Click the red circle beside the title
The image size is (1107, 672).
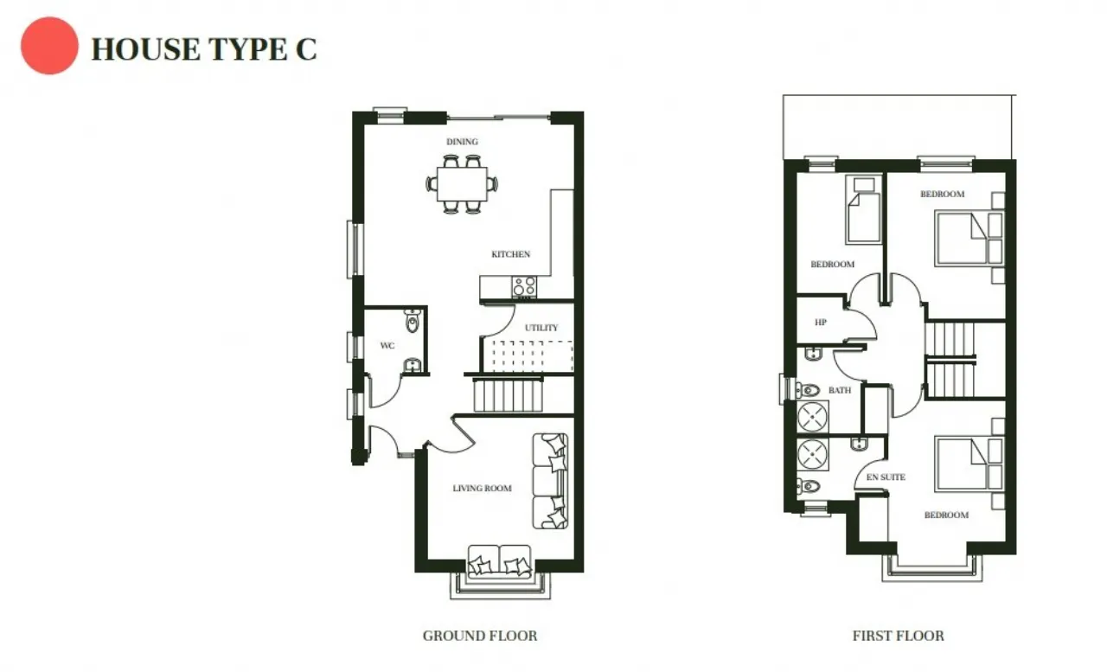tap(49, 46)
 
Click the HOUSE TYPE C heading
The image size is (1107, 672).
tap(204, 49)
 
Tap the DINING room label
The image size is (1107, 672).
tap(462, 142)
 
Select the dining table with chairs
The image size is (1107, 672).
tap(462, 183)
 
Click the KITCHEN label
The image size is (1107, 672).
tap(510, 254)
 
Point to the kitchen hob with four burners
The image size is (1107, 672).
tap(524, 286)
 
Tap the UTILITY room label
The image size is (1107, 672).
tap(541, 328)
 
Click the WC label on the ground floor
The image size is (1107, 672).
tap(387, 346)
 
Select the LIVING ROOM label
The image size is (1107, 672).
tap(482, 489)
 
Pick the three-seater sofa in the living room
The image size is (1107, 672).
tap(551, 481)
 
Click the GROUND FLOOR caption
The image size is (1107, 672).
tap(479, 637)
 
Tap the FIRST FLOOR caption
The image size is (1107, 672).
tap(898, 637)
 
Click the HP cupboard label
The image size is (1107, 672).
tap(821, 323)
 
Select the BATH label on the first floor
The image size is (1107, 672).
tap(839, 391)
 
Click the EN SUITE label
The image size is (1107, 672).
tap(886, 477)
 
